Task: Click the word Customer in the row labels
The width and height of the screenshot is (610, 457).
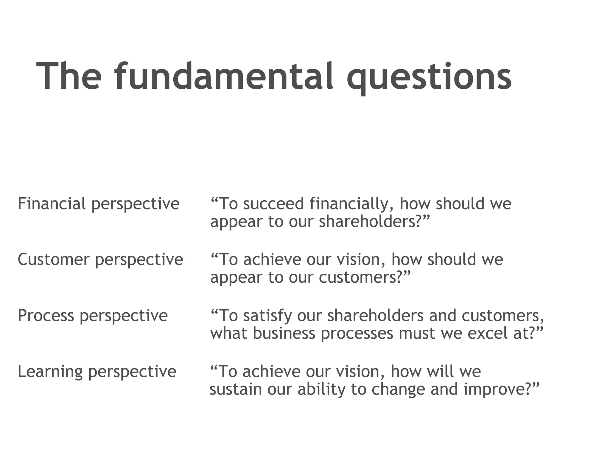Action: (x=54, y=259)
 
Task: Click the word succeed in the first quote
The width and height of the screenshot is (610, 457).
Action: (x=273, y=204)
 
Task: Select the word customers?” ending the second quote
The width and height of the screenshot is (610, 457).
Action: (x=365, y=277)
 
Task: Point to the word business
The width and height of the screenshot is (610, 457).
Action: (x=284, y=333)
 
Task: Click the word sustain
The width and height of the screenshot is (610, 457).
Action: (x=235, y=389)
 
